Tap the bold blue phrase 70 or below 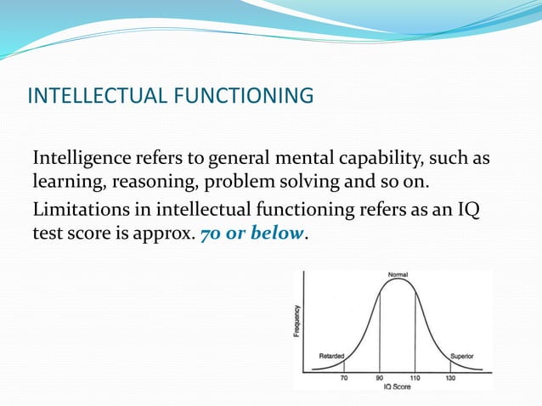[x=251, y=233]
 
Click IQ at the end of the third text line [x=466, y=210]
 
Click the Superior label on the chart [x=461, y=356]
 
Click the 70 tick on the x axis [x=343, y=376]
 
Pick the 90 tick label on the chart [x=380, y=376]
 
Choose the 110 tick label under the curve [x=415, y=376]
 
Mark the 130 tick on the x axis [x=451, y=376]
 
